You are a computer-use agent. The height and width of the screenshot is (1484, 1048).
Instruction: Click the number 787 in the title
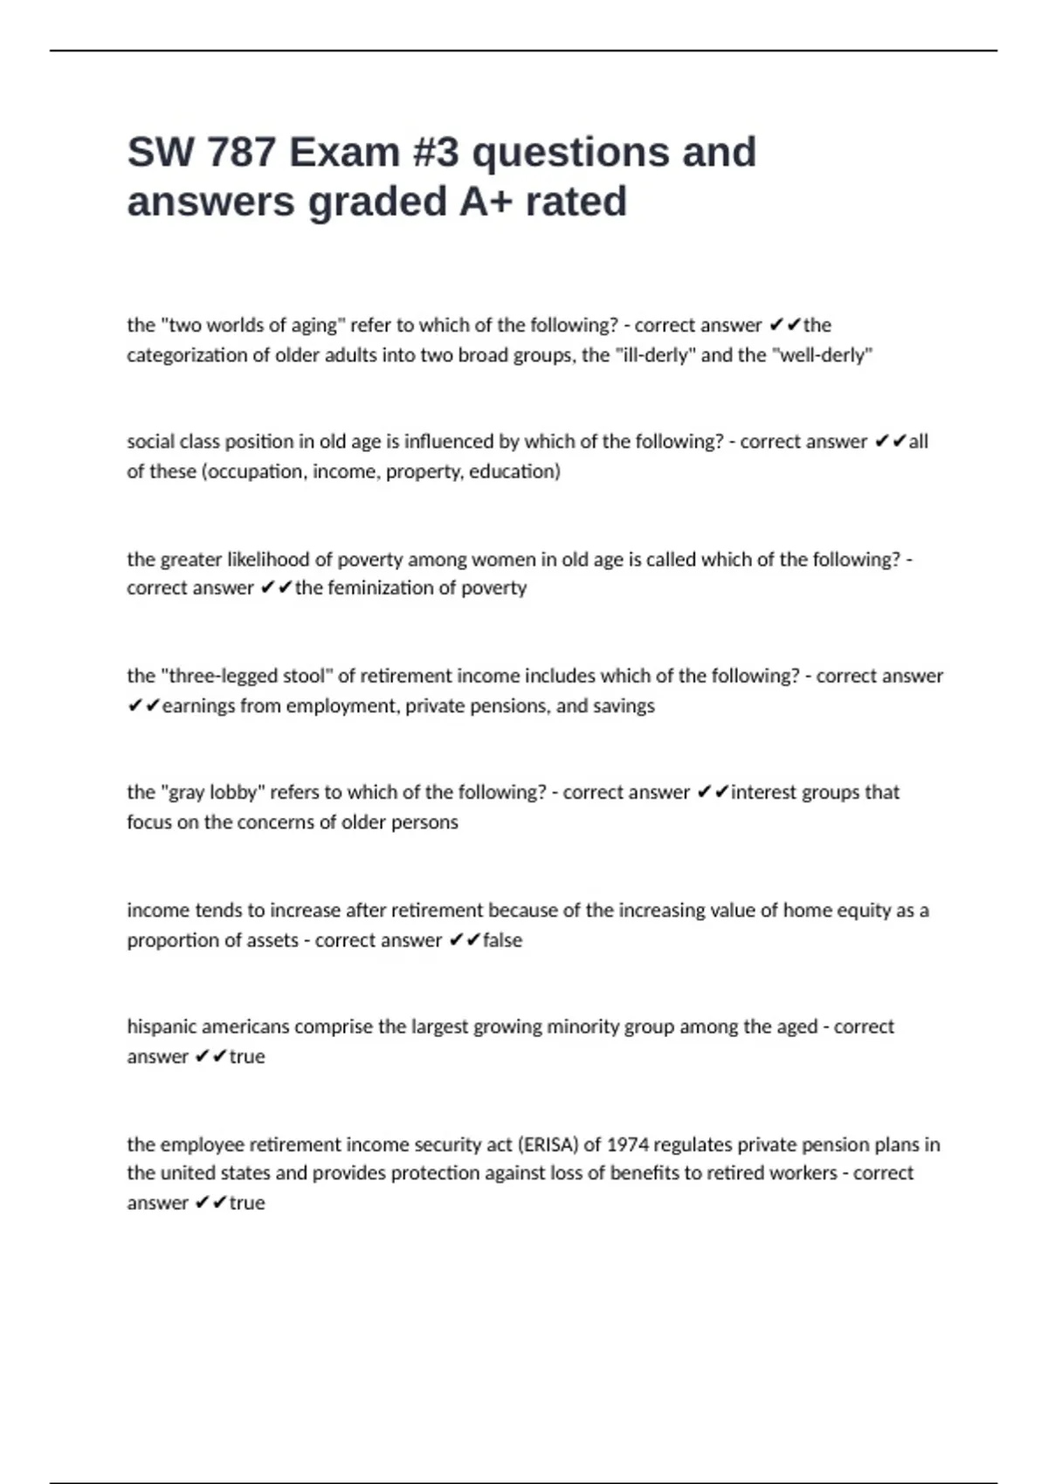(x=241, y=153)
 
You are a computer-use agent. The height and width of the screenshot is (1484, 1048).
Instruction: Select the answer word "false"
(x=503, y=940)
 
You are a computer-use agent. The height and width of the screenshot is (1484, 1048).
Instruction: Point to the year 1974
(x=628, y=1144)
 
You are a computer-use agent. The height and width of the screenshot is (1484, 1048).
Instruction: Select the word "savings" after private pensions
(x=624, y=705)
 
